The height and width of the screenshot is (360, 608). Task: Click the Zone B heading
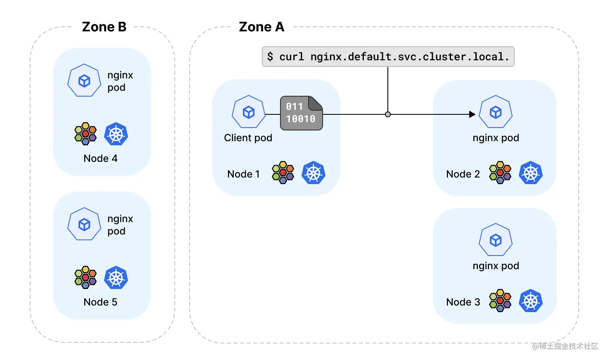pos(104,27)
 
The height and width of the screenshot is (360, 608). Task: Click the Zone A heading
pos(261,27)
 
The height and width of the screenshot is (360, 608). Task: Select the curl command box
pos(388,57)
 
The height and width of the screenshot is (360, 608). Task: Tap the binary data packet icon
pos(301,113)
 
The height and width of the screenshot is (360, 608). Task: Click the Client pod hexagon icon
pos(248,111)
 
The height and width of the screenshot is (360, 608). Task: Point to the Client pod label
pos(248,138)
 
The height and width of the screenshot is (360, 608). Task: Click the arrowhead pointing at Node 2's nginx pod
pos(472,114)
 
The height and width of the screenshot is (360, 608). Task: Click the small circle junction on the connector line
pos(388,114)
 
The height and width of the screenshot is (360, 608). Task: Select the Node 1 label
pos(243,174)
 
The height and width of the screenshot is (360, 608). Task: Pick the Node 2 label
pos(463,174)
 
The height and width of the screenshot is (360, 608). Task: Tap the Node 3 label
pos(463,302)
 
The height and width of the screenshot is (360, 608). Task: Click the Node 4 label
pos(100,158)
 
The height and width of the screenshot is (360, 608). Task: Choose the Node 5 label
pos(100,302)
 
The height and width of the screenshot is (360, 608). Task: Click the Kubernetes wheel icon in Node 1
pos(313,173)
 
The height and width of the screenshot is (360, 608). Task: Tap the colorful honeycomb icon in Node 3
pos(500,301)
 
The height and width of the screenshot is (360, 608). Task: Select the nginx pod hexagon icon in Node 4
pos(84,81)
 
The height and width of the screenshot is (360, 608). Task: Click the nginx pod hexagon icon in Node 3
pos(496,239)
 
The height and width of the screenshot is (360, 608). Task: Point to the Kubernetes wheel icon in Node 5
pos(116,277)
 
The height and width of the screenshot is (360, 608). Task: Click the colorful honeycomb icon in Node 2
pos(500,173)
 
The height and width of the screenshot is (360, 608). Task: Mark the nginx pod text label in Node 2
pos(496,138)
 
